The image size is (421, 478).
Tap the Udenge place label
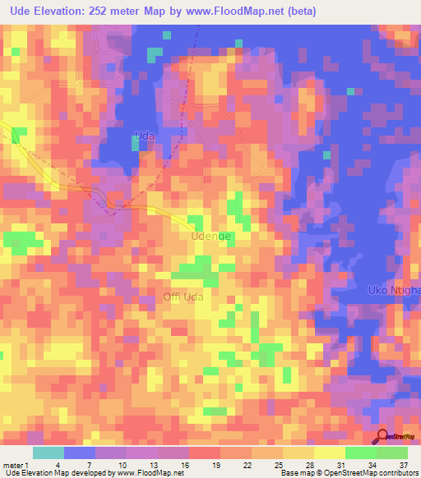click(x=210, y=237)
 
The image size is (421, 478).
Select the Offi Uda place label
click(x=183, y=296)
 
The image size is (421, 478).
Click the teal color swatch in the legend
click(x=49, y=453)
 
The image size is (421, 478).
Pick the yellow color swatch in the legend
click(x=330, y=453)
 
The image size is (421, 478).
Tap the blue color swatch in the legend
click(x=80, y=453)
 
